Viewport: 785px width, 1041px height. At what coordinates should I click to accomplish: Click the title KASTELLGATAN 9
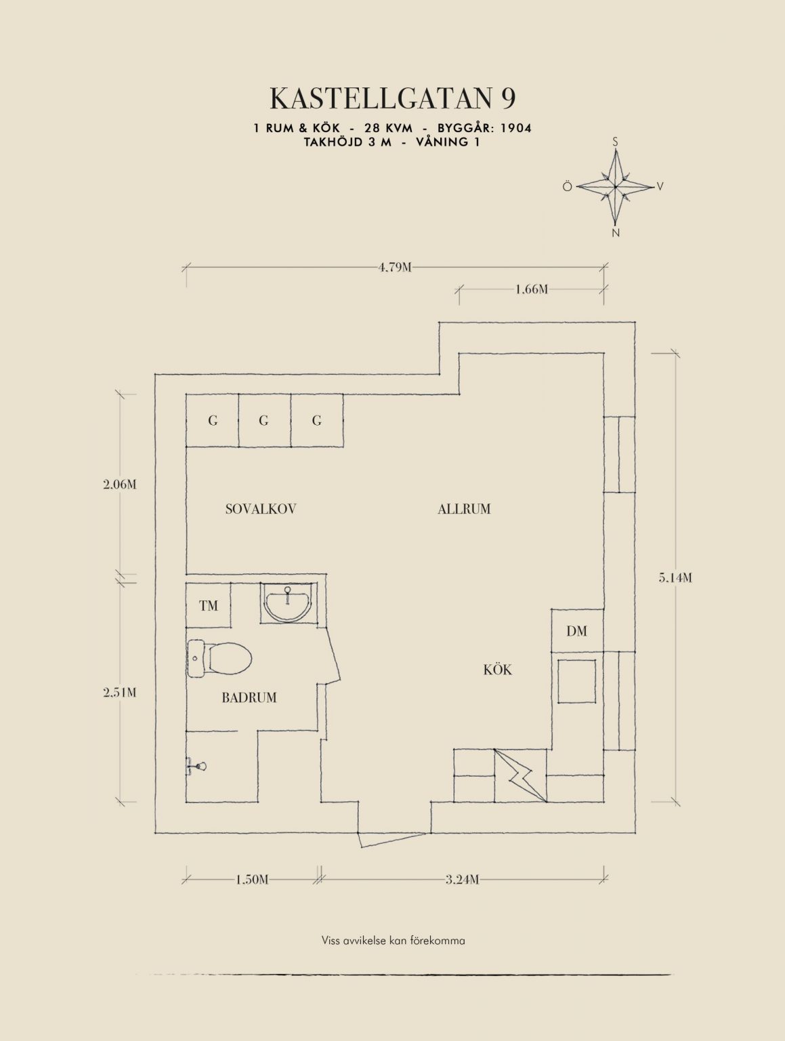point(392,98)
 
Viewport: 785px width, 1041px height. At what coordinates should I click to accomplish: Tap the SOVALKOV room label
point(261,509)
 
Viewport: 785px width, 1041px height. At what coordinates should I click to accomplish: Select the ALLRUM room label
point(464,509)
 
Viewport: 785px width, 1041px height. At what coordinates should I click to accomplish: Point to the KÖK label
point(498,670)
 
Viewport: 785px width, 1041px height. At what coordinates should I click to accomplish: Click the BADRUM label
point(249,697)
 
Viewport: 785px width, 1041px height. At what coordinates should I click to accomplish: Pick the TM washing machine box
point(209,606)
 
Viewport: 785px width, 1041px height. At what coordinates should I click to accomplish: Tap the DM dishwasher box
point(576,631)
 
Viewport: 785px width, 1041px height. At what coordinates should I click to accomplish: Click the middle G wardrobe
point(264,421)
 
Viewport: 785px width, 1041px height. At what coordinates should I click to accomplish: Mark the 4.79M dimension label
point(395,267)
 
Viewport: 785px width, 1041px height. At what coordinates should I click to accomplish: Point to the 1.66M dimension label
point(531,289)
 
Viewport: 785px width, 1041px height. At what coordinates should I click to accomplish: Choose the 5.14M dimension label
point(675,578)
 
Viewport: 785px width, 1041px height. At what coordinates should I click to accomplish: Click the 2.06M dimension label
point(120,485)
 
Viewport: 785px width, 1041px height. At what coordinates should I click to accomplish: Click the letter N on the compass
point(615,233)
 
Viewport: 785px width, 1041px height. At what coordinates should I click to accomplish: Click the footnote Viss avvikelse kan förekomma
point(393,941)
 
